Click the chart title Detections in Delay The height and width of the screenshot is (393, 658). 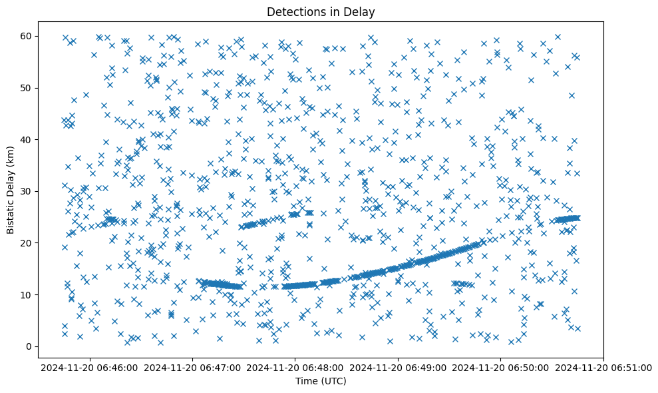(x=321, y=11)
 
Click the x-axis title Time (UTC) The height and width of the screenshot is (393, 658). (x=321, y=382)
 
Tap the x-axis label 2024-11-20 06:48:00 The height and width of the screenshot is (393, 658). (x=296, y=367)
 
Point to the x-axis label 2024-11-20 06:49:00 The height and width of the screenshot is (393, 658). (x=399, y=367)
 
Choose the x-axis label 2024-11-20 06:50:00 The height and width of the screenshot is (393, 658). (x=501, y=367)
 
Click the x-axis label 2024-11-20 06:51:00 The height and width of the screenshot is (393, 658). (x=603, y=367)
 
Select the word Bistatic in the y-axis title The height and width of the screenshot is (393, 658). (x=11, y=212)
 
